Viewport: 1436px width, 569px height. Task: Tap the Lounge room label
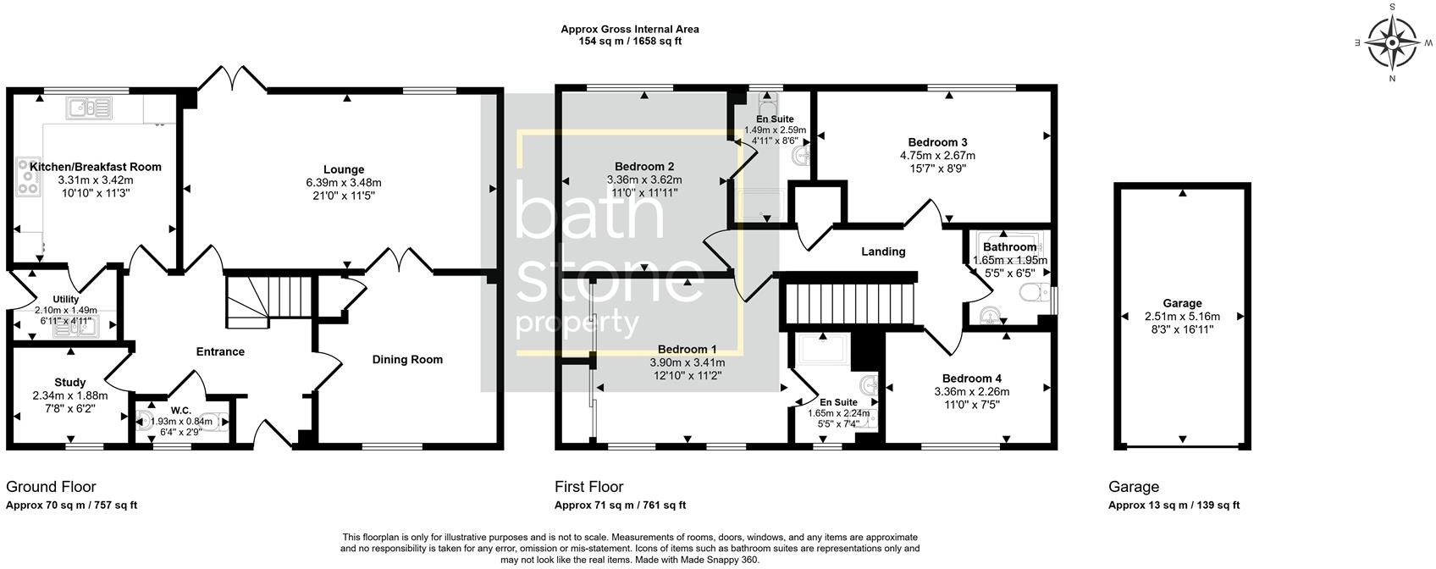pyautogui.click(x=344, y=169)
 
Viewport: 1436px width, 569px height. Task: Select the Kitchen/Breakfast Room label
pyautogui.click(x=96, y=167)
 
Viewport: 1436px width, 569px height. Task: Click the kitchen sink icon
pyautogui.click(x=89, y=108)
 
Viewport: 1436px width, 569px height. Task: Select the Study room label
pyautogui.click(x=70, y=382)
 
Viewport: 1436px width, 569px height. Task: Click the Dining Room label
pyautogui.click(x=407, y=359)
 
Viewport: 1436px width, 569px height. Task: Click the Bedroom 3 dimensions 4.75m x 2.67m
pyautogui.click(x=937, y=156)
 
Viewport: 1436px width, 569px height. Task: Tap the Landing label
pyautogui.click(x=883, y=251)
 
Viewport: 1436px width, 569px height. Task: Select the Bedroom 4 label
pyautogui.click(x=971, y=378)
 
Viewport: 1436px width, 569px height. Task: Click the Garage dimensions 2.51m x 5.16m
pyautogui.click(x=1182, y=316)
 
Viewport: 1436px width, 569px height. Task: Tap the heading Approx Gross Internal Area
pyautogui.click(x=629, y=29)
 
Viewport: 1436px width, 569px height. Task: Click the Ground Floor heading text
pyautogui.click(x=51, y=487)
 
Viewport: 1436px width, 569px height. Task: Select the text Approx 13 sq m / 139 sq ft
pyautogui.click(x=1174, y=505)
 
